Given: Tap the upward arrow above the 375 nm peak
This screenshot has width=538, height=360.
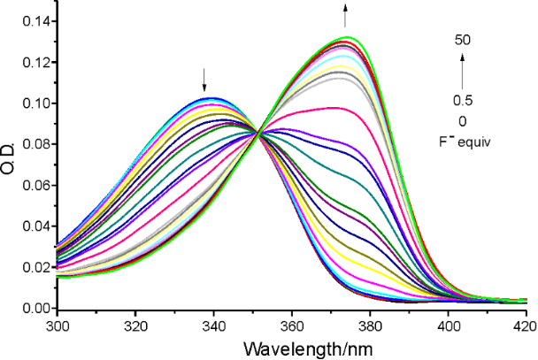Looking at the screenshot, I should click(345, 14).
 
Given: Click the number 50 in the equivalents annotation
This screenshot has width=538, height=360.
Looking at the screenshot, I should click(462, 40).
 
